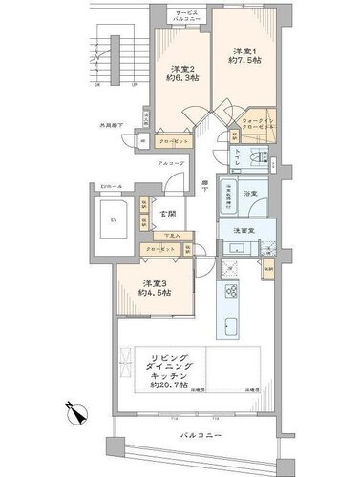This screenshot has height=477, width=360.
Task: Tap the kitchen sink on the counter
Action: point(233,326)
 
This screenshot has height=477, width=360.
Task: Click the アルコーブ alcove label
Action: point(170,164)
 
